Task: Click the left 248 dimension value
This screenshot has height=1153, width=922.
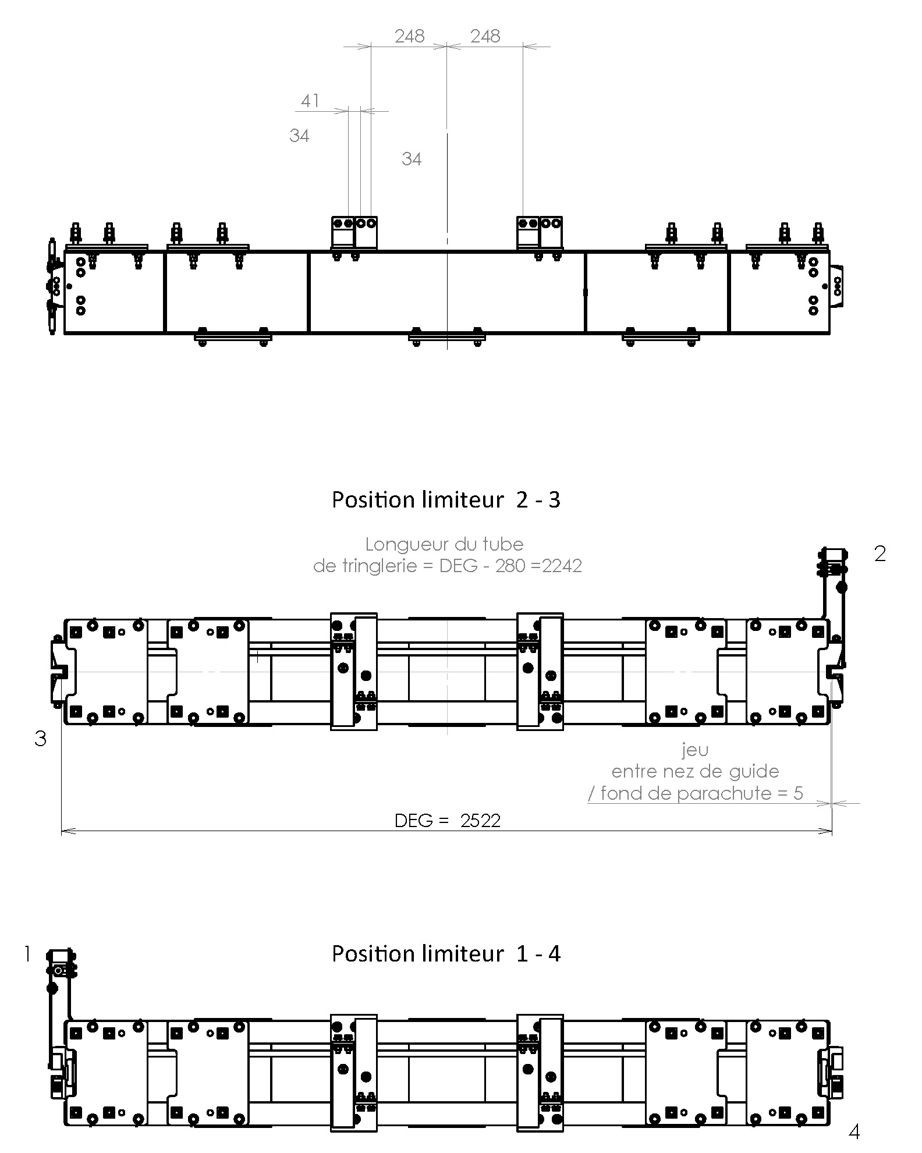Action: click(410, 36)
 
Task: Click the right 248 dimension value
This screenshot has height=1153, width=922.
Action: click(485, 36)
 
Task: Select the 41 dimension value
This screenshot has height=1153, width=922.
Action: click(310, 101)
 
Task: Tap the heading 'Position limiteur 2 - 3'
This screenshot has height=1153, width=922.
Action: click(446, 500)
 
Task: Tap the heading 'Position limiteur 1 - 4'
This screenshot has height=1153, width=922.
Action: click(446, 954)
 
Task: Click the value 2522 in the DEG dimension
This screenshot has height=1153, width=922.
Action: click(480, 821)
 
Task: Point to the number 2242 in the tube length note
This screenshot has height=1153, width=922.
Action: click(562, 566)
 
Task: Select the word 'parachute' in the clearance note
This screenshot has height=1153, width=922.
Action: click(735, 793)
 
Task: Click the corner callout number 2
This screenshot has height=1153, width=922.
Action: click(880, 554)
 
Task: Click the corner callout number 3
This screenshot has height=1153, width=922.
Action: click(40, 739)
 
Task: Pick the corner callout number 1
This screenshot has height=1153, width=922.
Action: click(27, 954)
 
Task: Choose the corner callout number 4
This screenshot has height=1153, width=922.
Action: click(854, 1132)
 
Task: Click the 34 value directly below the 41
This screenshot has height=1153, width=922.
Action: click(299, 136)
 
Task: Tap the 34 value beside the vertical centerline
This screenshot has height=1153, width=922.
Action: click(412, 159)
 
